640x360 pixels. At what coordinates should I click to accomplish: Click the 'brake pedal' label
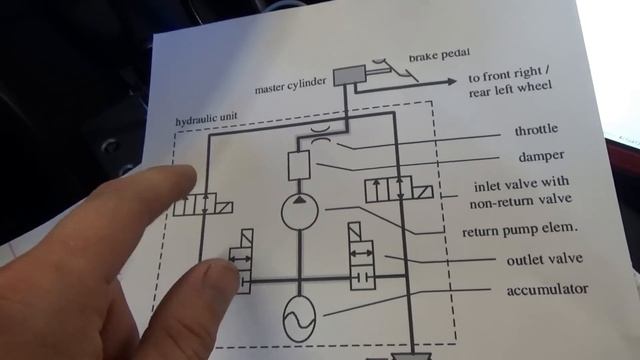tap(439, 55)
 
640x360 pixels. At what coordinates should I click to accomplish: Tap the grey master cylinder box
tap(349, 75)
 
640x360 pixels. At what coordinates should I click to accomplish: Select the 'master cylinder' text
tap(291, 86)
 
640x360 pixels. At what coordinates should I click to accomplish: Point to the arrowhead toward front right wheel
tap(452, 81)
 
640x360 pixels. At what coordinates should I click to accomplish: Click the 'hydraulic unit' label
tap(206, 119)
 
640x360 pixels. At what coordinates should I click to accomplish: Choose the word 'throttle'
tap(536, 130)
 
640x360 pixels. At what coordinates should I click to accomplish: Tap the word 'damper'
tap(541, 156)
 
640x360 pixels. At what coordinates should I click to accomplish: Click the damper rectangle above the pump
tap(299, 166)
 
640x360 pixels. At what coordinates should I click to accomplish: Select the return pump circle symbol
tap(300, 211)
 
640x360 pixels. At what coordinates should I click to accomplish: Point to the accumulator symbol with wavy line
tap(299, 319)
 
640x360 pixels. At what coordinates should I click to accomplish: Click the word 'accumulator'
tap(547, 290)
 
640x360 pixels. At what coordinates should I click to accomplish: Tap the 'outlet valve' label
tap(544, 260)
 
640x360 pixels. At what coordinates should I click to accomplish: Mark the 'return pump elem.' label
tap(520, 230)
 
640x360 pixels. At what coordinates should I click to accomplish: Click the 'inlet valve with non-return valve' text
tap(521, 192)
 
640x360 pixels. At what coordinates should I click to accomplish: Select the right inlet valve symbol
tap(399, 189)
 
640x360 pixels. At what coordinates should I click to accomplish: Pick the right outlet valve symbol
tap(362, 256)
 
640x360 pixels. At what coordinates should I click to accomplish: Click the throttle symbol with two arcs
tap(321, 134)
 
